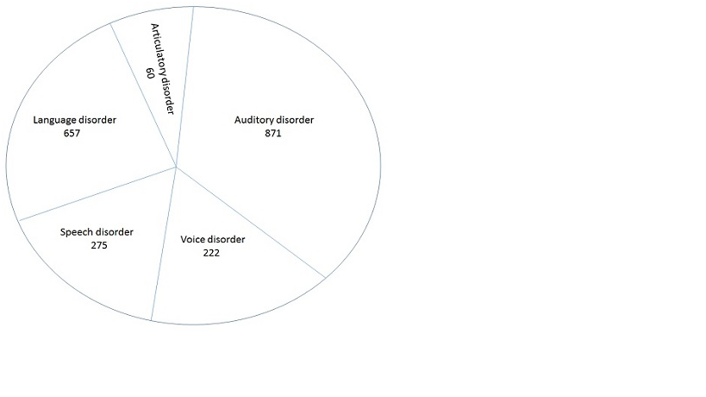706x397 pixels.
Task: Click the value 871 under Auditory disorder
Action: pyautogui.click(x=273, y=134)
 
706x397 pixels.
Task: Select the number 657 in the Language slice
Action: pyautogui.click(x=72, y=134)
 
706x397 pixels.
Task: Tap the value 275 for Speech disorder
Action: pyautogui.click(x=99, y=246)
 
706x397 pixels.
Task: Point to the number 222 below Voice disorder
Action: pyautogui.click(x=211, y=253)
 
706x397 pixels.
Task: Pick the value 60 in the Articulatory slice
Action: pyautogui.click(x=150, y=73)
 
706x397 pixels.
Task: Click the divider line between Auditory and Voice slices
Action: pyautogui.click(x=250, y=222)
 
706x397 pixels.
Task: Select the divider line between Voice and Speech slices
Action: pyautogui.click(x=164, y=243)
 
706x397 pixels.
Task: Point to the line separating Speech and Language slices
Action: pyautogui.click(x=97, y=194)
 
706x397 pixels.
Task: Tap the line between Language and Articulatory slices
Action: pyautogui.click(x=143, y=95)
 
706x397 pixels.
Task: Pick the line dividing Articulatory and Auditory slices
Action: pyautogui.click(x=184, y=87)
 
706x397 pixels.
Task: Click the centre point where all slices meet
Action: pyautogui.click(x=176, y=167)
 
